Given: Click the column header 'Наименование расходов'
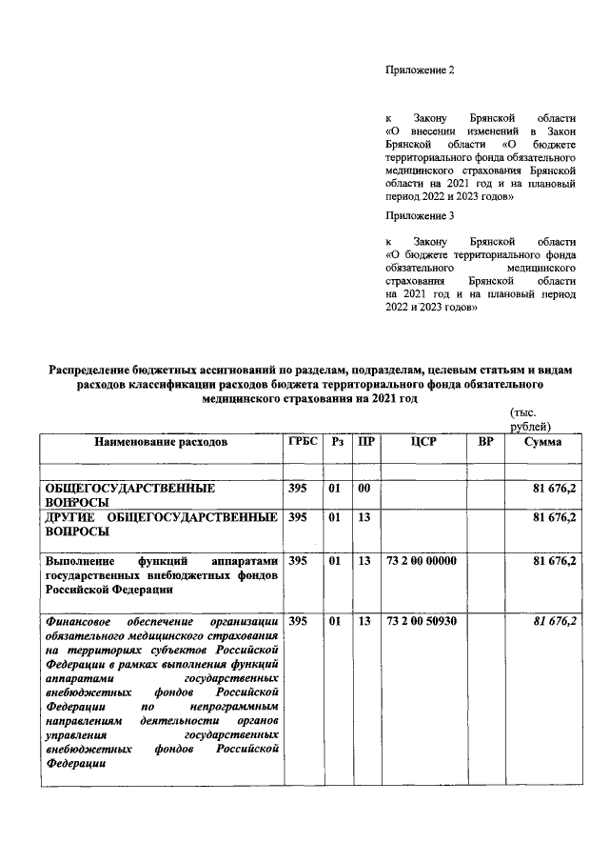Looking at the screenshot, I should click(161, 443).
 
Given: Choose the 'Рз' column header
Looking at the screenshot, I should click(337, 443).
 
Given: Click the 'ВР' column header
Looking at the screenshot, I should click(485, 443).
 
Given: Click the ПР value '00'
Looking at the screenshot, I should click(363, 488).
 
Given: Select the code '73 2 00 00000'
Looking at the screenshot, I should click(422, 561).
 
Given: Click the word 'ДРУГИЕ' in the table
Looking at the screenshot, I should click(73, 517).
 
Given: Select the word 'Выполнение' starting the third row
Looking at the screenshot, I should click(79, 561).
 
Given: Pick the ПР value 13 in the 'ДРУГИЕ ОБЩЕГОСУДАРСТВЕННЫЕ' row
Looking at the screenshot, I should click(363, 517).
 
